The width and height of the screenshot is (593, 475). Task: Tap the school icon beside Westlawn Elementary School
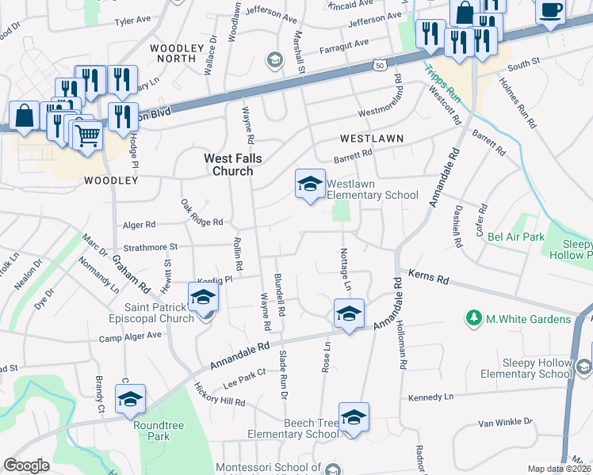(x=310, y=184)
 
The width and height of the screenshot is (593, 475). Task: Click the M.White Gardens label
(x=528, y=319)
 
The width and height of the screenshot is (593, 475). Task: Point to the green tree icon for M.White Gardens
(x=474, y=318)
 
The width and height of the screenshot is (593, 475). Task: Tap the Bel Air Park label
(x=515, y=237)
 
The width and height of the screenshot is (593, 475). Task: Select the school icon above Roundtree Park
(x=131, y=399)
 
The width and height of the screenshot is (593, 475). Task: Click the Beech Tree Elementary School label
(x=293, y=429)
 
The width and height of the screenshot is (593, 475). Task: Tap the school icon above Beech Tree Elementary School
(x=354, y=417)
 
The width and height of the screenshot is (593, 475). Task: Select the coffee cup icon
(x=550, y=10)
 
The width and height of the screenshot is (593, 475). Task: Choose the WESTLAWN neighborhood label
(x=372, y=139)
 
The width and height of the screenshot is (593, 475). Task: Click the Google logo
(x=27, y=465)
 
